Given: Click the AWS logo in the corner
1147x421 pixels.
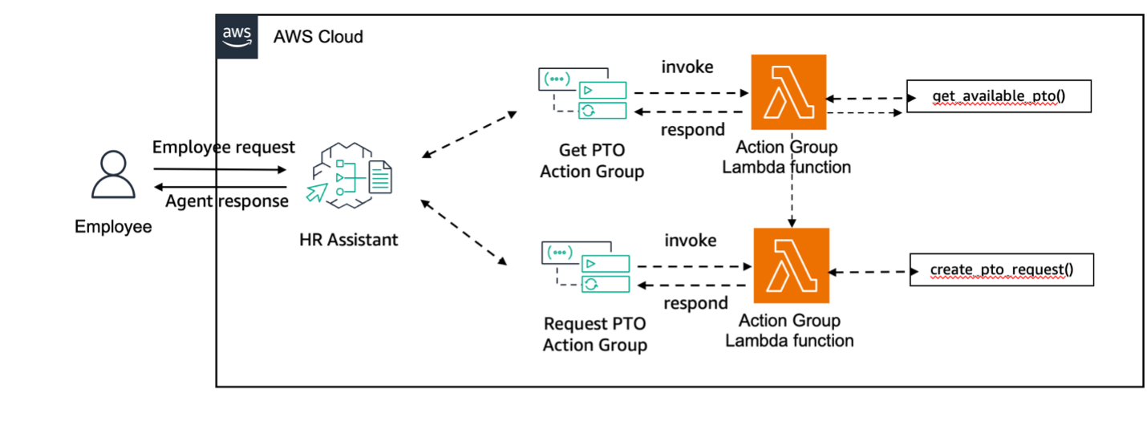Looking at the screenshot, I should [x=237, y=36].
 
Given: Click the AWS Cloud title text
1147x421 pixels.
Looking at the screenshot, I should [x=318, y=37].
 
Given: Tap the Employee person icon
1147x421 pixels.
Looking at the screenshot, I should [x=112, y=175].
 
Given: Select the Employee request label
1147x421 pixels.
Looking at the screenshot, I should [x=224, y=148].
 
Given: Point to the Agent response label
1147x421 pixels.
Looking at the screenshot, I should [x=227, y=200].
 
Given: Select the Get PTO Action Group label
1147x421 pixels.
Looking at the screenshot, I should [x=591, y=160].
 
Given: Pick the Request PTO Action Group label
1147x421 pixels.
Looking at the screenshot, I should [x=594, y=334].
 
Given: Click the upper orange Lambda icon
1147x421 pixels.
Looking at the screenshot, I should [x=788, y=92].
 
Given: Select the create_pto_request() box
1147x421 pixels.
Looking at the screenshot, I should [x=1001, y=270].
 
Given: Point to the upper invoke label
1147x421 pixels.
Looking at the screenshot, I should [x=687, y=67].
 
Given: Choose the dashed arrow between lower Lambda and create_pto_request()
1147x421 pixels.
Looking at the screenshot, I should [x=869, y=272].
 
